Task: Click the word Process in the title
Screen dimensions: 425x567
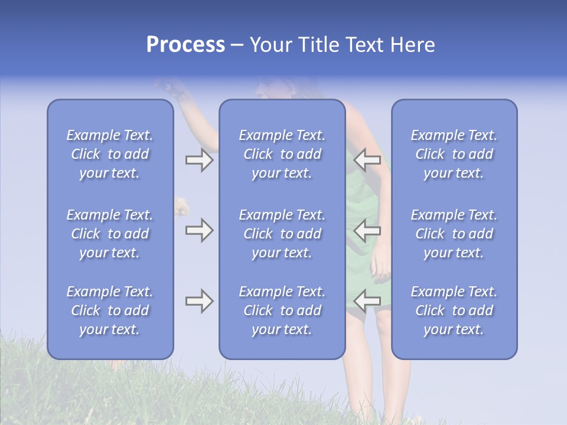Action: pyautogui.click(x=185, y=45)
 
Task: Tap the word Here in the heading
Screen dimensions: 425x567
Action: pyautogui.click(x=413, y=45)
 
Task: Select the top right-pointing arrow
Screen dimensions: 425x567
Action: pyautogui.click(x=199, y=160)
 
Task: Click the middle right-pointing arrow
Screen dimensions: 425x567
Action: pyautogui.click(x=199, y=230)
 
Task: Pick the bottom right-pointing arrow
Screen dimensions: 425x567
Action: pyautogui.click(x=199, y=302)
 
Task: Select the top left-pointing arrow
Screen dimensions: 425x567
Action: pyautogui.click(x=367, y=160)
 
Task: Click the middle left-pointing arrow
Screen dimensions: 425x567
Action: pyautogui.click(x=367, y=230)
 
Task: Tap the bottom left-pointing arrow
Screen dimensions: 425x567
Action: pyautogui.click(x=367, y=300)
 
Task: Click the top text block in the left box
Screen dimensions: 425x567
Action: pyautogui.click(x=110, y=154)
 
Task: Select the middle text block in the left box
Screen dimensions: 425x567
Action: pyautogui.click(x=110, y=234)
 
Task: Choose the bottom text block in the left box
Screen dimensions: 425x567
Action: pyautogui.click(x=110, y=310)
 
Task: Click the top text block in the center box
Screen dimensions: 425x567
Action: pyautogui.click(x=282, y=154)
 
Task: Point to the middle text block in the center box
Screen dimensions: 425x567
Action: pyautogui.click(x=282, y=234)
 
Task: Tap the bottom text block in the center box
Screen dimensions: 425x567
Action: pyautogui.click(x=282, y=310)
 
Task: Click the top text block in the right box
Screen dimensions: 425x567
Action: pyautogui.click(x=454, y=154)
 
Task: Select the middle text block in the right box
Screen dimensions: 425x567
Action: pyautogui.click(x=454, y=234)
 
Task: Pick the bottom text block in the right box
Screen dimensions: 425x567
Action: pyautogui.click(x=454, y=310)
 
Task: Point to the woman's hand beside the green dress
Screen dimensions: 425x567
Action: pyautogui.click(x=381, y=269)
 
